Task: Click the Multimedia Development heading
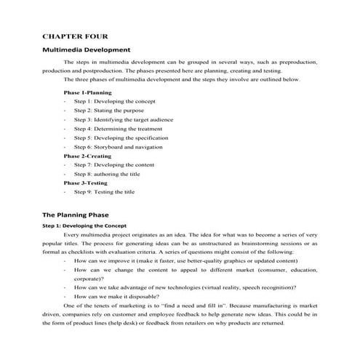[89, 49]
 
